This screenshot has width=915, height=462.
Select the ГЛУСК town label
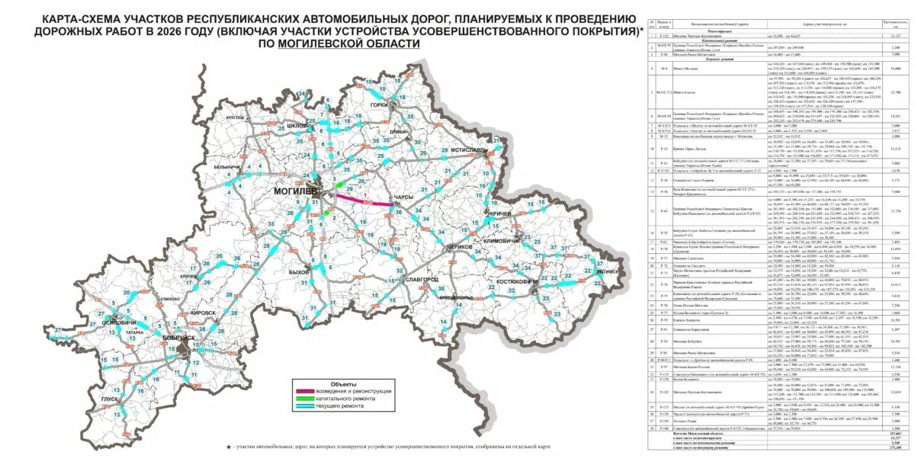(111, 399)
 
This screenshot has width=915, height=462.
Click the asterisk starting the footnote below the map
(228, 447)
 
